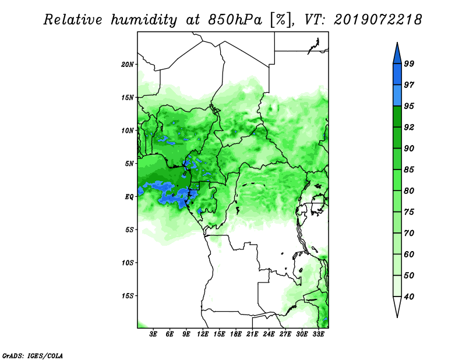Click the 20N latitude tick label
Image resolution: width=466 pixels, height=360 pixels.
[x=128, y=64]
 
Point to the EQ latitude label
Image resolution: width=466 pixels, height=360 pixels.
[x=129, y=196]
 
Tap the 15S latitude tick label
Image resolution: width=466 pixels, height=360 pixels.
[x=128, y=296]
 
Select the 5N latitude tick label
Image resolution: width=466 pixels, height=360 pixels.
[x=129, y=164]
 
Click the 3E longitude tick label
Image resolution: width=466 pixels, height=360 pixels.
[x=153, y=334]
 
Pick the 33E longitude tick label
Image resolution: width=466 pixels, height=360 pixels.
[x=318, y=334]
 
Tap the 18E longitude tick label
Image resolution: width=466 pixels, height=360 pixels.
[x=236, y=334]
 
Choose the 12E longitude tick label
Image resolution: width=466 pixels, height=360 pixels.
[x=203, y=334]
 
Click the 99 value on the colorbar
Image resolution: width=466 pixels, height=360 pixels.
[x=409, y=63]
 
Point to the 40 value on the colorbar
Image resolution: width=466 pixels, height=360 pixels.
[x=409, y=297]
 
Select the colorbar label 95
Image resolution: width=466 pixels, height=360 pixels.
[x=409, y=106]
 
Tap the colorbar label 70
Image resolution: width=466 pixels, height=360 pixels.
[x=409, y=233]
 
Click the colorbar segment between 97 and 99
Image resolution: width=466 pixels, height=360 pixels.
[x=397, y=75]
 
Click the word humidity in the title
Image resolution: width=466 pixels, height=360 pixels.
[x=144, y=20]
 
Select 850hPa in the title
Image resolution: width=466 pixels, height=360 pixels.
[x=235, y=20]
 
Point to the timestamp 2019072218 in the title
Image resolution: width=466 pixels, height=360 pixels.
[x=377, y=20]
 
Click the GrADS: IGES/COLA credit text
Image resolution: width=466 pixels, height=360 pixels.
[x=33, y=355]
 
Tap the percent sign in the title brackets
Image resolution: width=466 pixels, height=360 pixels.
[x=281, y=20]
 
